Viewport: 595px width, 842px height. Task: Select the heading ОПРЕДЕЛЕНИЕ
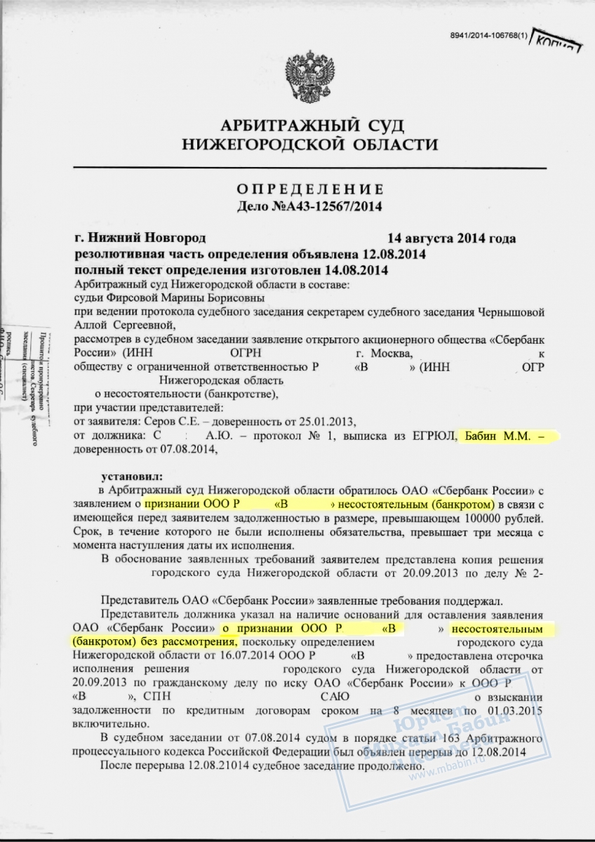point(309,189)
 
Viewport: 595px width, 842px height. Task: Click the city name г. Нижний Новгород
point(140,239)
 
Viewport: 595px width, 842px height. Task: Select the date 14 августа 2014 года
point(452,239)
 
